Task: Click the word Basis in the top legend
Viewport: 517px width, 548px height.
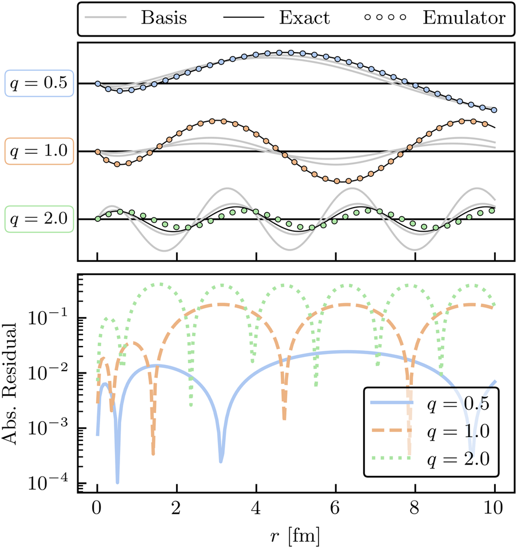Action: [164, 18]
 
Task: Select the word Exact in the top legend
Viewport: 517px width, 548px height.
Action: [304, 18]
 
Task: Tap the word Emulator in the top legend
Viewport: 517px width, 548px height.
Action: [464, 18]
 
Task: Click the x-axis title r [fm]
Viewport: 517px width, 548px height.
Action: [296, 535]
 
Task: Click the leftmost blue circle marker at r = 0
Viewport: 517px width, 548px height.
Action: [98, 84]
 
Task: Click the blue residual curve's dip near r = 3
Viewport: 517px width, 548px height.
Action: [221, 460]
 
